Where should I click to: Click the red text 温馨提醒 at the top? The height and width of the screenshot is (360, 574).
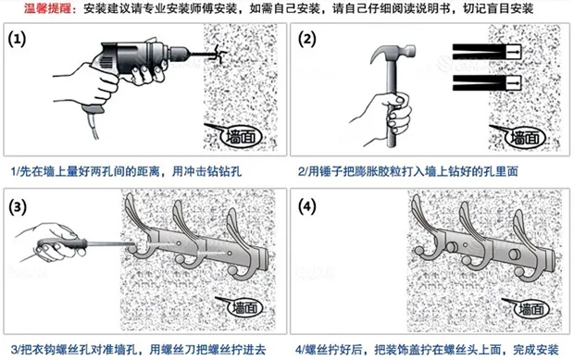coord(48,8)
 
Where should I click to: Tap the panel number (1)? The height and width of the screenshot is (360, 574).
coord(17,39)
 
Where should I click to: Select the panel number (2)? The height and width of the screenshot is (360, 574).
coord(306,39)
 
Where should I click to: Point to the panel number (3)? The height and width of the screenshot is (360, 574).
coord(18,207)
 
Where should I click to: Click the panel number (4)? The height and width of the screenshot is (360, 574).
coord(306,207)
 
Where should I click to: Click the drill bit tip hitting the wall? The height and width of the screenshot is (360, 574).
coord(218,55)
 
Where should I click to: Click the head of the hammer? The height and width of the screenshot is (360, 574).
coord(393,53)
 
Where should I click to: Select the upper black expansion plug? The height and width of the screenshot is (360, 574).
coord(487,52)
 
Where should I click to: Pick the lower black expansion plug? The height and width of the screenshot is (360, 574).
coord(487,83)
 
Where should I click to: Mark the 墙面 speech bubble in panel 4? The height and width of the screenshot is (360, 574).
coord(530,309)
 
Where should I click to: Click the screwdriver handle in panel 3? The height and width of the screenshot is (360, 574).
coord(62,243)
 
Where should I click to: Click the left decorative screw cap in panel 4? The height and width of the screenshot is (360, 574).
coord(452,247)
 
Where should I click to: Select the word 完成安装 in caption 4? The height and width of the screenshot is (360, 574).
coord(535,350)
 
